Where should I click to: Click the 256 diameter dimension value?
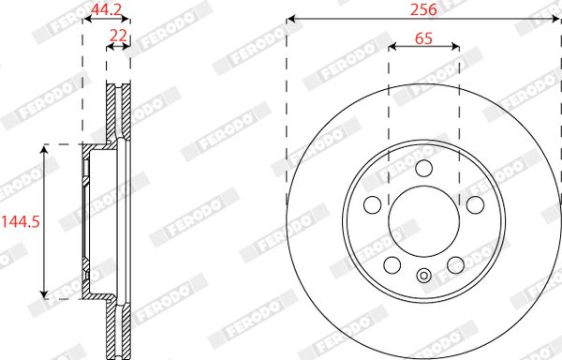click(423, 9)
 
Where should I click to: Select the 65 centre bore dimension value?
click(423, 38)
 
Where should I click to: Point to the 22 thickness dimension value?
click(118, 36)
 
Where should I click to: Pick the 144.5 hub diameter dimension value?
click(20, 222)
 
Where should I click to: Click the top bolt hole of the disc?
click(424, 168)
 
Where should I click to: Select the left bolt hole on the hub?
click(373, 205)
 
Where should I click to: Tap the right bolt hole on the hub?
click(475, 204)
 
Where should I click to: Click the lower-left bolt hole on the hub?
click(392, 265)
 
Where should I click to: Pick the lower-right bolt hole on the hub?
click(455, 265)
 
